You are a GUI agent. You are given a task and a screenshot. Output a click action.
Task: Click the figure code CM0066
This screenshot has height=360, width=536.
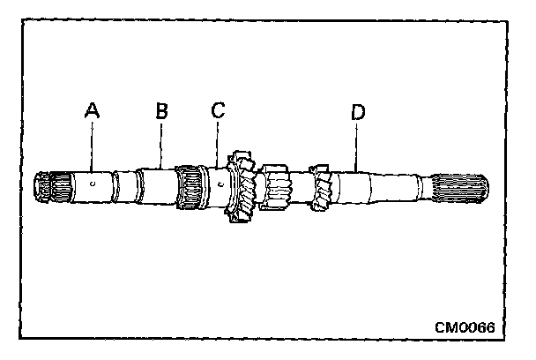[464, 327]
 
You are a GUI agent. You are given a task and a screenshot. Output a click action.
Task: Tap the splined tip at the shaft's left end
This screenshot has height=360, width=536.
[47, 189]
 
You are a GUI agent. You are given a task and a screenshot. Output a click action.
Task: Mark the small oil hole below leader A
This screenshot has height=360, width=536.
[92, 184]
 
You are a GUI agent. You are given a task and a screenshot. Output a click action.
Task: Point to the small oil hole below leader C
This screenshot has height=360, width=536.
[218, 184]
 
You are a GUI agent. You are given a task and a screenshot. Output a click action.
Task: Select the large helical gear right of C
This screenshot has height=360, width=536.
[241, 188]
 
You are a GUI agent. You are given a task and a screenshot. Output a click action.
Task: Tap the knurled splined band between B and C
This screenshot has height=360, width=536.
[189, 187]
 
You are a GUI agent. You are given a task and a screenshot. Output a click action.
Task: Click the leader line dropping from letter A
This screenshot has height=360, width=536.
[91, 146]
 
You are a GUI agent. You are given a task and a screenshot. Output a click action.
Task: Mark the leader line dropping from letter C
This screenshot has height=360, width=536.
[218, 146]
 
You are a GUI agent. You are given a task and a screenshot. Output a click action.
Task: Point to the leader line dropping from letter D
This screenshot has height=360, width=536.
[356, 146]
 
